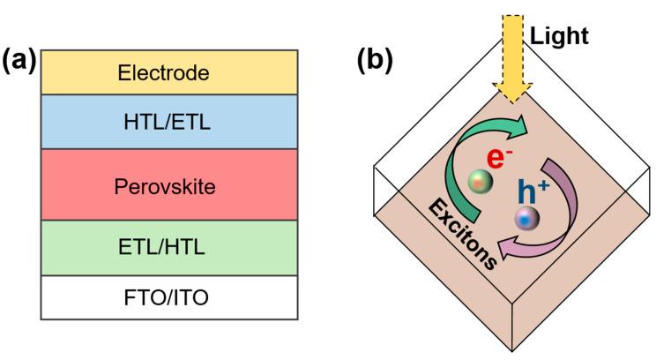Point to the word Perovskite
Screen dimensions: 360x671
pos(165,188)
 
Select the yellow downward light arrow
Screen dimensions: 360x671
pos(511,71)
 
